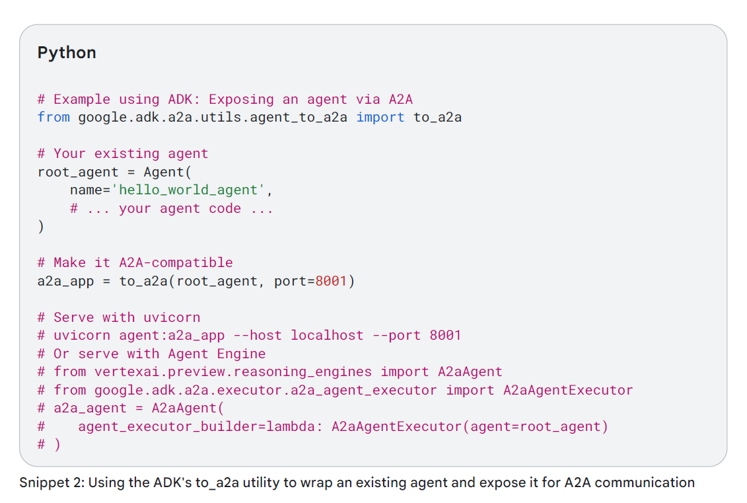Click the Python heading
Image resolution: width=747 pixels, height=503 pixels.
coord(67,53)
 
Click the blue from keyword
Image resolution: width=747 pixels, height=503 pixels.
coord(53,118)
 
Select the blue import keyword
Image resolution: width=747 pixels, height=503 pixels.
coord(380,118)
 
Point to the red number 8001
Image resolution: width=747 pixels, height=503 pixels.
coord(331,281)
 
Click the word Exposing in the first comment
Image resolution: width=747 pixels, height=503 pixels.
coord(241,100)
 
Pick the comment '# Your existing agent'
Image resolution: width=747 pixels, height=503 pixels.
coord(123,154)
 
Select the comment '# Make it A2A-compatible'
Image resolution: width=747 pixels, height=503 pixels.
coord(135,263)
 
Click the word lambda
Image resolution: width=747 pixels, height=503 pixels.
coord(294,426)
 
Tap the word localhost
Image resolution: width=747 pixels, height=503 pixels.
coord(327,335)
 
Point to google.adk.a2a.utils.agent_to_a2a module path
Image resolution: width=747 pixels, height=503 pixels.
coord(213,118)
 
